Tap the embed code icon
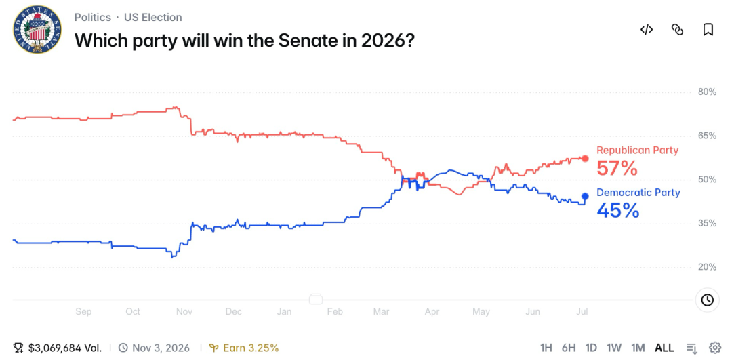point(646,30)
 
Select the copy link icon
point(677,30)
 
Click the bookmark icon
point(708,30)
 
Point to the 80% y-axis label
point(707,92)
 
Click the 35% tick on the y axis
point(707,224)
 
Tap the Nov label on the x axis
point(184,311)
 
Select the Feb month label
point(335,311)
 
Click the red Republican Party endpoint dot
point(585,158)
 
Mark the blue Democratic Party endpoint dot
point(585,197)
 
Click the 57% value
point(617,169)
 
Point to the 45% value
point(617,211)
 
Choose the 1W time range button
point(614,348)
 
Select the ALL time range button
point(664,348)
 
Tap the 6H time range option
point(569,348)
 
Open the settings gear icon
point(715,348)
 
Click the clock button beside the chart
point(707,300)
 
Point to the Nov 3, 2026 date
point(161,348)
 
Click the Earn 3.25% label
point(251,348)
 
